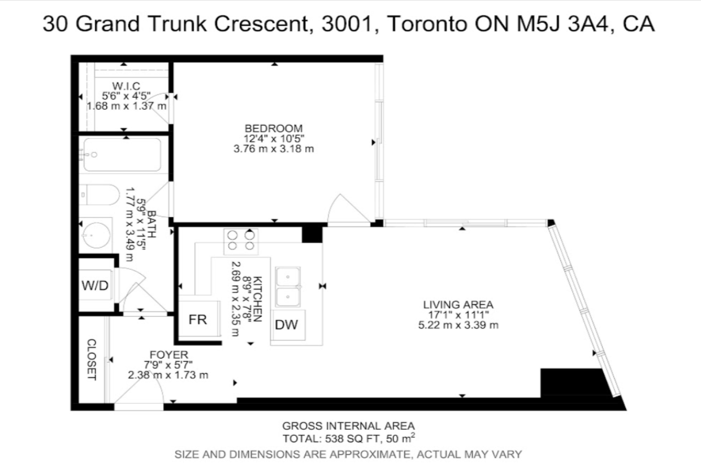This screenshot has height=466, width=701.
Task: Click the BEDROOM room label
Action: click(x=274, y=128)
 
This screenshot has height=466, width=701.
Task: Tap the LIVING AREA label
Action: click(x=458, y=304)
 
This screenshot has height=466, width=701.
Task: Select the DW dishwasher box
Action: click(x=288, y=325)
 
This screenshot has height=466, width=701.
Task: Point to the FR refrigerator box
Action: click(x=200, y=318)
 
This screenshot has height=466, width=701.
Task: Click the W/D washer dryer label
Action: click(x=95, y=286)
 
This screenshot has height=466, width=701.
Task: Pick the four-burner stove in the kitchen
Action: click(x=241, y=241)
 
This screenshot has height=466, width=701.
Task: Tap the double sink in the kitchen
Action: click(x=288, y=287)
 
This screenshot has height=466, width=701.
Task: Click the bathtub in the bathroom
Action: click(x=122, y=155)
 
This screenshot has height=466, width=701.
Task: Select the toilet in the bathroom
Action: click(x=99, y=195)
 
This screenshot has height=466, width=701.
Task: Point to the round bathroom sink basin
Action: click(x=96, y=235)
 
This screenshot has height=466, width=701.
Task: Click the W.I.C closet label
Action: click(x=126, y=86)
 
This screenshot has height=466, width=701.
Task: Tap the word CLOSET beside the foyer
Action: click(x=92, y=359)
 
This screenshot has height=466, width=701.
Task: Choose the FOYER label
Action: click(x=169, y=355)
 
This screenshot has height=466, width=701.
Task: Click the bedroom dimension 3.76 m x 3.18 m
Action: click(x=274, y=149)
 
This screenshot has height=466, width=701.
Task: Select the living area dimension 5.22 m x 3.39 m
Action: click(x=458, y=325)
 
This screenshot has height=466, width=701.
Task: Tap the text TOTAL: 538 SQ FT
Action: click(x=332, y=439)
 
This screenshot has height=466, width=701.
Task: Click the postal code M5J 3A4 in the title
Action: click(x=563, y=24)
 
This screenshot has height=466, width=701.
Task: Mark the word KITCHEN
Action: click(x=257, y=299)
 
